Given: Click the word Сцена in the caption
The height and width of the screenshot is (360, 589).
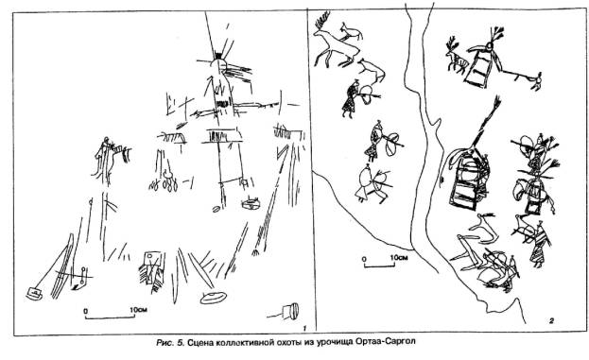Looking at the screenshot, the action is (200, 342).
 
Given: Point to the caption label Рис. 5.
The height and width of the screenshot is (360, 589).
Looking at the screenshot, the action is (170, 342).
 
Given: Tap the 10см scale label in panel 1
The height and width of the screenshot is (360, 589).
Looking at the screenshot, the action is (138, 310).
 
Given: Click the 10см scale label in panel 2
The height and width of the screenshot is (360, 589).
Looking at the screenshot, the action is (399, 258).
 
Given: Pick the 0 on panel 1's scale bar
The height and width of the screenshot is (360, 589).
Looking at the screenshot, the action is (86, 311).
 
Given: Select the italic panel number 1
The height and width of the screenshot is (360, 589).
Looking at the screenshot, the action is (304, 329).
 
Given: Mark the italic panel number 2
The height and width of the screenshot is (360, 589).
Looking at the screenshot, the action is (551, 320).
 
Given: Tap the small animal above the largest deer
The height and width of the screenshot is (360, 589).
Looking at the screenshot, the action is (352, 32).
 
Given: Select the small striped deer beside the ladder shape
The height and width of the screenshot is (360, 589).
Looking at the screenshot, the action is (456, 57).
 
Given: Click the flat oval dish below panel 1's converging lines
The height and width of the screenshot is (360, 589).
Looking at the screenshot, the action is (214, 298).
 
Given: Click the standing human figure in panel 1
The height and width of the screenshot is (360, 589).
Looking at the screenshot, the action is (105, 158).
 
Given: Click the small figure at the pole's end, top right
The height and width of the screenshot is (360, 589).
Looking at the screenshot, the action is (537, 81).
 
